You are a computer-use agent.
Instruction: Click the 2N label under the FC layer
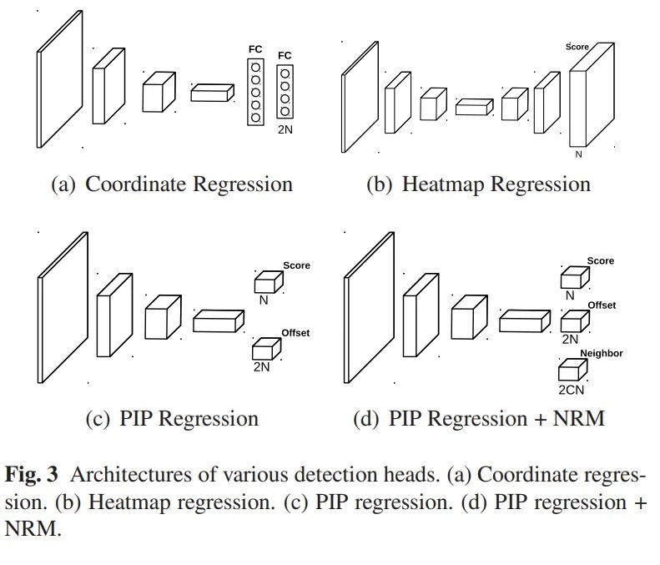pos(285,130)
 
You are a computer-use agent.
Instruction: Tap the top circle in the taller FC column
pos(255,64)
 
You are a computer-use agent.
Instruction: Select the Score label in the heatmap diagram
pos(577,47)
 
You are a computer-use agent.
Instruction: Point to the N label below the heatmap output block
pos(578,154)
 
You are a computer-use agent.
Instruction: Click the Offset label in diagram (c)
pos(295,333)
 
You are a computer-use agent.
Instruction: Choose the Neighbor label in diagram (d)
pos(602,354)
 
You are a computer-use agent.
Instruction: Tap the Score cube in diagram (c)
pos(268,281)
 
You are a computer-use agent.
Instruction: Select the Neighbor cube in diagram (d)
pos(572,370)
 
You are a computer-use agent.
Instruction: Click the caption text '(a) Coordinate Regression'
pos(172,184)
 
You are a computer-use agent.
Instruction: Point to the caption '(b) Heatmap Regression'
pos(478,184)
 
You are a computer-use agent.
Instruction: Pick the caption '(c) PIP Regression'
pos(172,418)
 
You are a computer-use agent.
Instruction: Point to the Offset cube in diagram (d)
pos(572,321)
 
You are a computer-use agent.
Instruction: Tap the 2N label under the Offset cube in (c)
pos(262,366)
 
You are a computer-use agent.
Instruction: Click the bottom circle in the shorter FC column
pos(285,112)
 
